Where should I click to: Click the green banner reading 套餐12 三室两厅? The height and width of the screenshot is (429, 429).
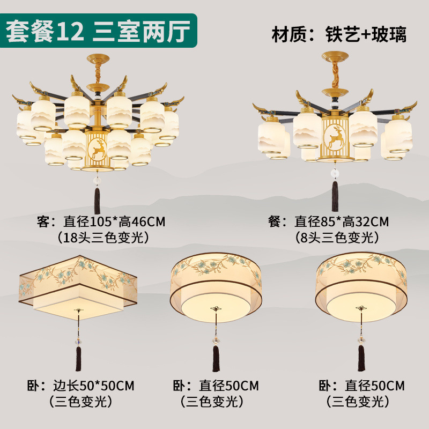98,31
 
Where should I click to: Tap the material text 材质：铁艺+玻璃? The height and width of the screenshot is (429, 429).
339,34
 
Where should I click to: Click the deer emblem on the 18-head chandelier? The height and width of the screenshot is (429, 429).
98,149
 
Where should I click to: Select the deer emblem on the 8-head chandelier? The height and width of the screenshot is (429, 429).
334,137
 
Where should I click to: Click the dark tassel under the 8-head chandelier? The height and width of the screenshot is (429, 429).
335,196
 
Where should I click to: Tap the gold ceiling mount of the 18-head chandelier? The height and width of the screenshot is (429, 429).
98,58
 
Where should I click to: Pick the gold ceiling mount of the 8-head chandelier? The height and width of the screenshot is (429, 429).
335,56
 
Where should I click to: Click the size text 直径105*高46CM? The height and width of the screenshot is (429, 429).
114,221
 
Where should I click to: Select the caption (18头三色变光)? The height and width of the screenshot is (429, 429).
103,238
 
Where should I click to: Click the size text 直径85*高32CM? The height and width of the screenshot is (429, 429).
342,221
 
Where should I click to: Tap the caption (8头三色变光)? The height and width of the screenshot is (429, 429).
337,238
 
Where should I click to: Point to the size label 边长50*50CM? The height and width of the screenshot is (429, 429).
93,386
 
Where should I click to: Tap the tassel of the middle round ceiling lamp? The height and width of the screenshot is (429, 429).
216,358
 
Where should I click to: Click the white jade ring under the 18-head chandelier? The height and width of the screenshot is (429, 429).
97,181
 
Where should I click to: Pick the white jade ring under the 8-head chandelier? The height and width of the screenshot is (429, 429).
335,173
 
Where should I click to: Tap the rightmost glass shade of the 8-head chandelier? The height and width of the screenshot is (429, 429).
398,135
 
